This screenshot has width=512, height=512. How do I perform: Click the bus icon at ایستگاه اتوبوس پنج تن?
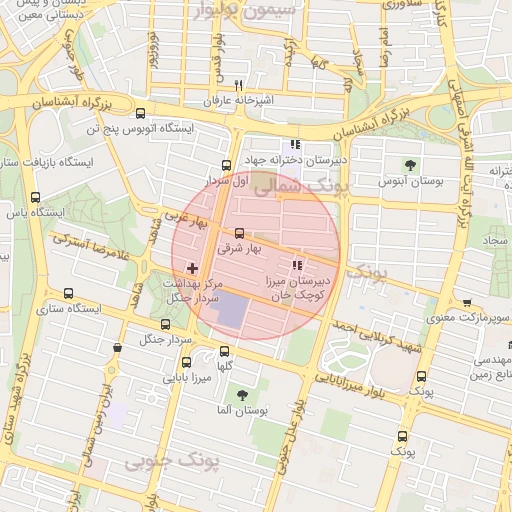pyautogui.click(x=139, y=113)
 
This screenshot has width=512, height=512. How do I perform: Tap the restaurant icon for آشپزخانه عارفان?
pyautogui.click(x=238, y=86)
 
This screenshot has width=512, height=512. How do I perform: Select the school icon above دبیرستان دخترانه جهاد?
pyautogui.click(x=294, y=144)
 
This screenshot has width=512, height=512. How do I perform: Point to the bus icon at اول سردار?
pyautogui.click(x=226, y=166)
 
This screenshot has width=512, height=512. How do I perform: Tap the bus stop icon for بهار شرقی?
pyautogui.click(x=238, y=233)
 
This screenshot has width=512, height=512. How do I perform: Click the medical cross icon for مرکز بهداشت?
pyautogui.click(x=192, y=269)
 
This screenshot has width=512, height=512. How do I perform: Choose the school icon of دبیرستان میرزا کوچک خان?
pyautogui.click(x=295, y=266)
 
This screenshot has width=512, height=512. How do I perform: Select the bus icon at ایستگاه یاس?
pyautogui.click(x=36, y=197)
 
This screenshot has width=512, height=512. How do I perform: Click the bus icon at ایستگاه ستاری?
pyautogui.click(x=68, y=293)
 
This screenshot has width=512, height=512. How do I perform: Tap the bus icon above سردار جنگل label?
pyautogui.click(x=165, y=323)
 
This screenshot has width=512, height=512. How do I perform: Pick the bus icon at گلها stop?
pyautogui.click(x=223, y=351)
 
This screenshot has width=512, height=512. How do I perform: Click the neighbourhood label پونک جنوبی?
pyautogui.click(x=160, y=463)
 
